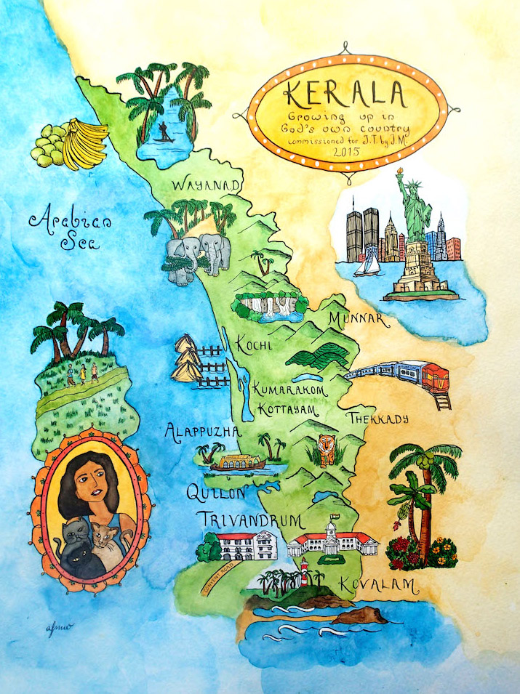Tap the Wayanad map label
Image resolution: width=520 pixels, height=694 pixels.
pos(206,187)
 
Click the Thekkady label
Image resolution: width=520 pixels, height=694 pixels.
pos(378,419)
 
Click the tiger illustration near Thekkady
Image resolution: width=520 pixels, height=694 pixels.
pos(324,448)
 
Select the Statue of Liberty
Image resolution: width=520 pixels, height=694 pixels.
pos(412,218)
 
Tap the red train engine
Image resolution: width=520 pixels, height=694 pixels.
pos(436,378)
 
